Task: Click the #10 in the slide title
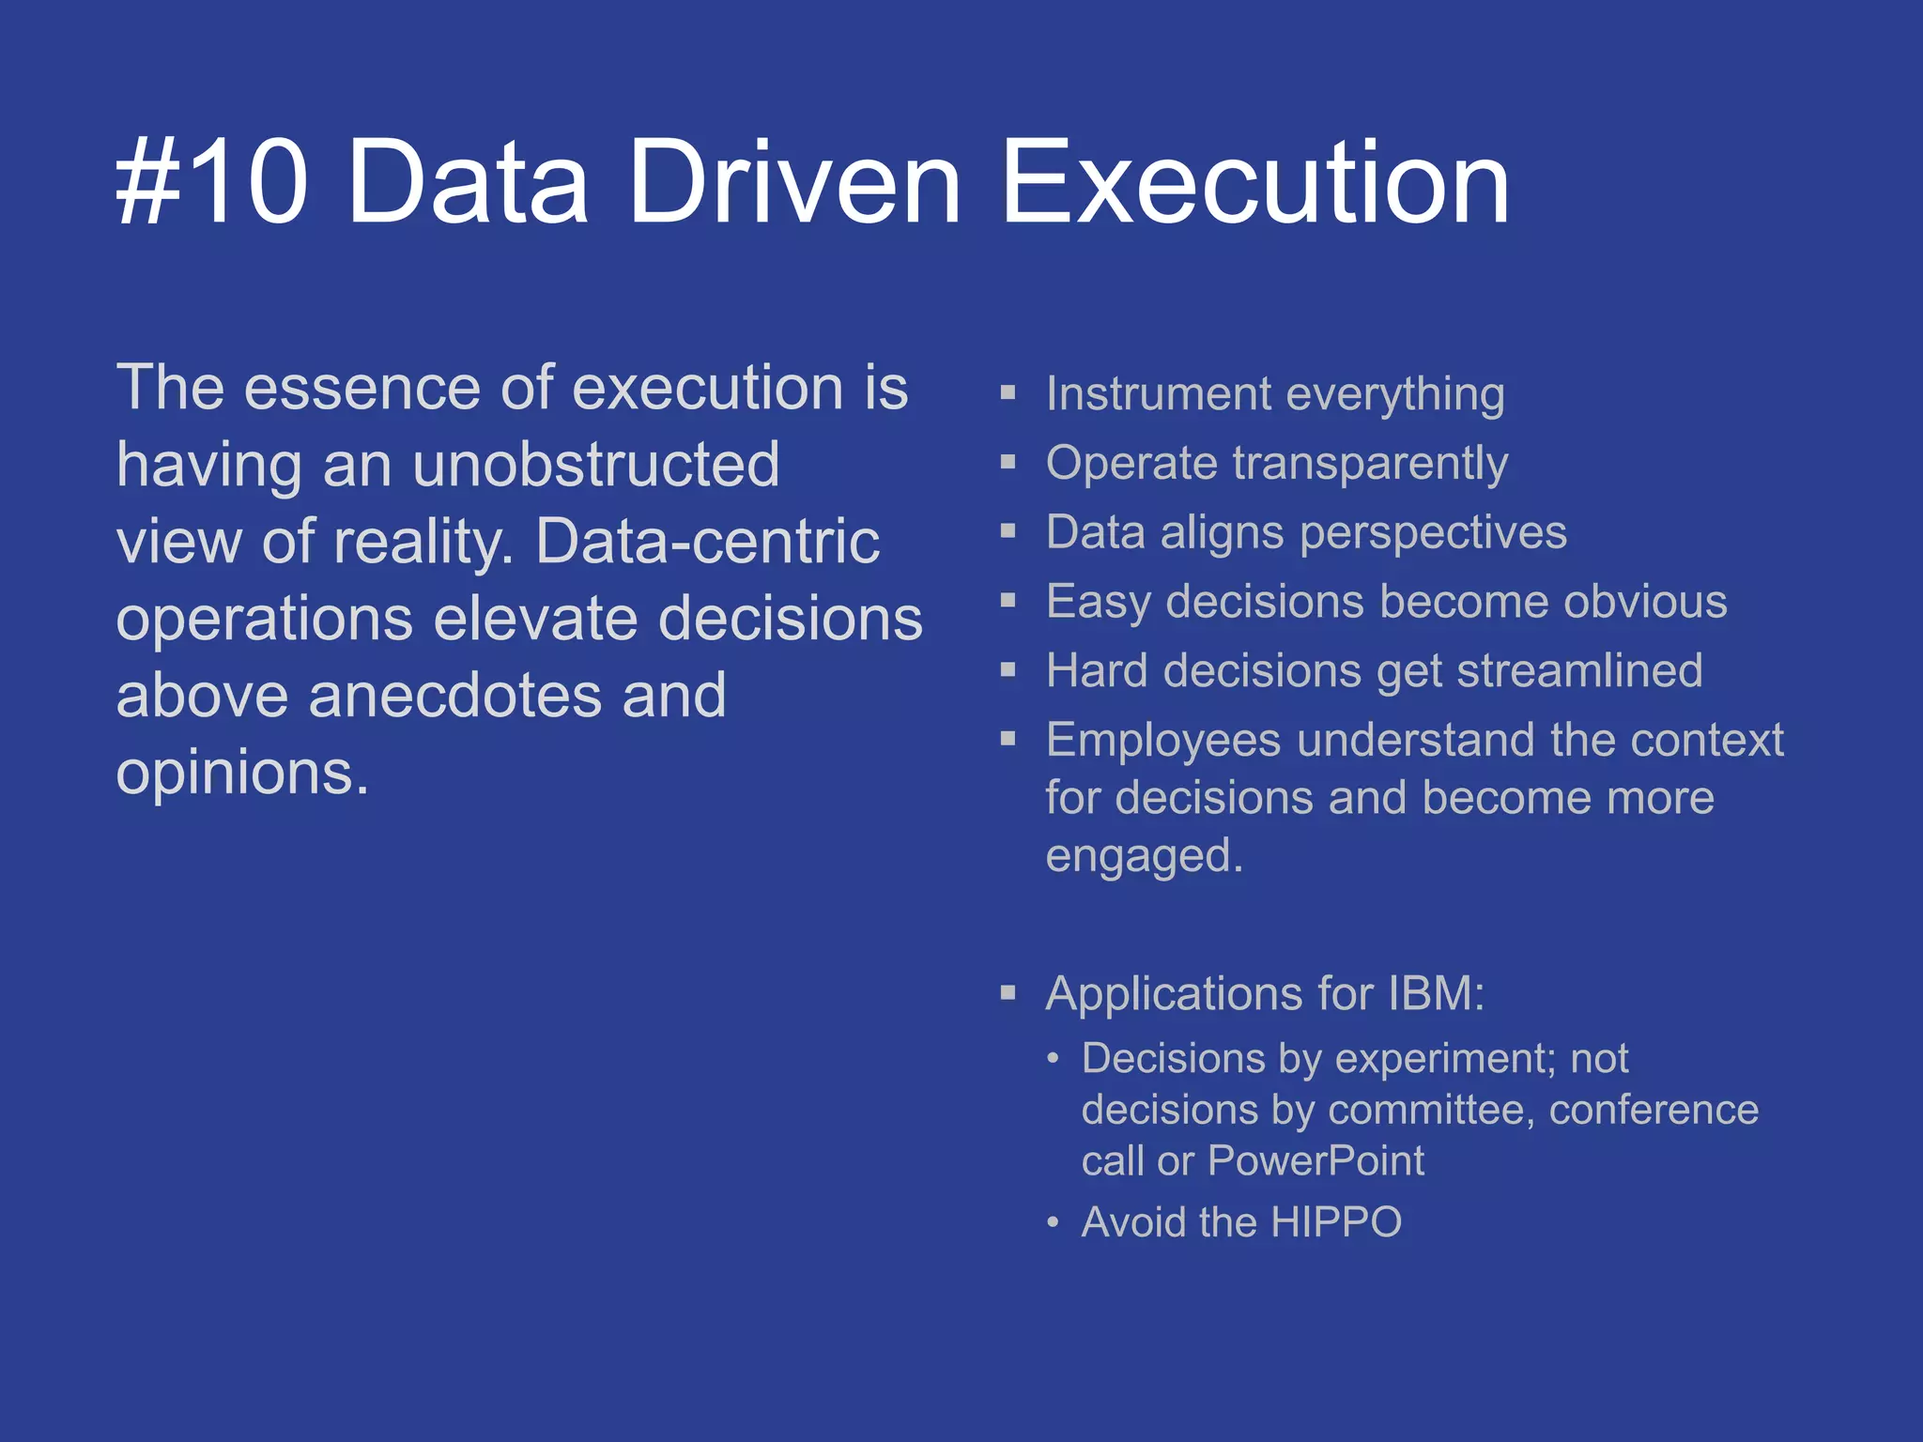pyautogui.click(x=212, y=182)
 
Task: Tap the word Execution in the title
pyautogui.click(x=1254, y=182)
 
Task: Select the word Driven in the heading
pyautogui.click(x=794, y=182)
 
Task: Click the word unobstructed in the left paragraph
pyautogui.click(x=595, y=466)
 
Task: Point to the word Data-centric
pyautogui.click(x=707, y=543)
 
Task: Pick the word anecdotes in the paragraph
pyautogui.click(x=454, y=696)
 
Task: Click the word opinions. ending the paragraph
pyautogui.click(x=242, y=775)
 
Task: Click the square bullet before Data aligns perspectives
pyautogui.click(x=1008, y=531)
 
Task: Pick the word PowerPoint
pyautogui.click(x=1315, y=1161)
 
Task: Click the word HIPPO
pyautogui.click(x=1336, y=1222)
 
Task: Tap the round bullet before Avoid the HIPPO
pyautogui.click(x=1054, y=1222)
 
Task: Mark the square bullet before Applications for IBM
pyautogui.click(x=1008, y=993)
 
